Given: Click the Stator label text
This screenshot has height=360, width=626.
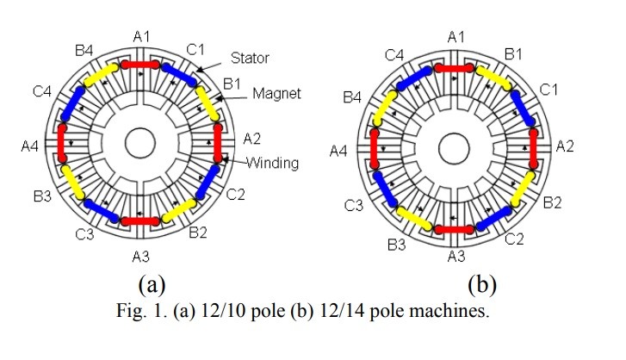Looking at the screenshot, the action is (250, 59).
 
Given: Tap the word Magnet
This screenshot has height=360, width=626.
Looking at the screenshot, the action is (276, 93).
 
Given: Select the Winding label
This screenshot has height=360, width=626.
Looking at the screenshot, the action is (272, 163).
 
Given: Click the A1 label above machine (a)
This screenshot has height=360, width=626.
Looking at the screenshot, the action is (141, 37).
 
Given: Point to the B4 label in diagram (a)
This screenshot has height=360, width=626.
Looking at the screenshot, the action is (84, 50).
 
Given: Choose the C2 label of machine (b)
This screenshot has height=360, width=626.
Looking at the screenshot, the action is (514, 239).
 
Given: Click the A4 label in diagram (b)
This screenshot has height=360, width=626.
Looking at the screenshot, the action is (338, 152).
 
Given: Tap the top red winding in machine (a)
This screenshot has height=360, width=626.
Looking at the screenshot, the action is (140, 65).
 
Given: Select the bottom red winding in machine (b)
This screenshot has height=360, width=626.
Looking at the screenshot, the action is (455, 229).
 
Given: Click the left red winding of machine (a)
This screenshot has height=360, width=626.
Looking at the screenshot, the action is (62, 143).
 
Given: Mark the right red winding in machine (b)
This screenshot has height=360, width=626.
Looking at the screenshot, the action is (533, 148).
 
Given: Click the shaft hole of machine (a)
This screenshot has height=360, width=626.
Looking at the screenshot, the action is (140, 143).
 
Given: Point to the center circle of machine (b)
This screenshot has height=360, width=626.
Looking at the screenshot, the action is (454, 148).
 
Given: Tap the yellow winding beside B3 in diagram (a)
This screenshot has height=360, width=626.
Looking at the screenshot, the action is (72, 182).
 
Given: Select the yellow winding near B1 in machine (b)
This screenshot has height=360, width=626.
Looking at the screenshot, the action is (494, 78).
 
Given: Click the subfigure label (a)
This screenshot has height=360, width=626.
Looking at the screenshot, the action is (152, 284).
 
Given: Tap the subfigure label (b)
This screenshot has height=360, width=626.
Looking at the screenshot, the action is (482, 284).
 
